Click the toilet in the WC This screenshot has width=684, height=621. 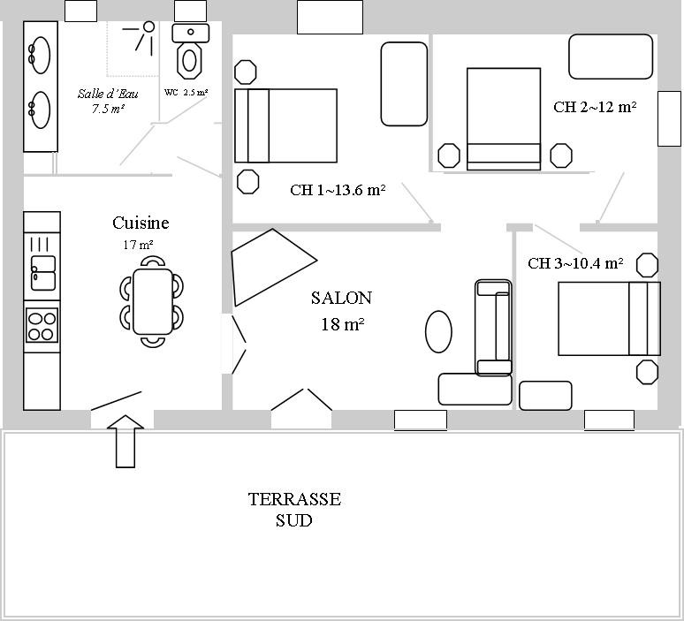click(190, 51)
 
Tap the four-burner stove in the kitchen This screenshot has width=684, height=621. click(42, 325)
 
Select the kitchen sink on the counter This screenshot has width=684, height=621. click(43, 273)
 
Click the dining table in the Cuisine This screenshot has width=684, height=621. click(153, 301)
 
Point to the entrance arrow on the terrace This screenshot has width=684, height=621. click(125, 442)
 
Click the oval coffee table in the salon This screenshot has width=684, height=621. click(438, 331)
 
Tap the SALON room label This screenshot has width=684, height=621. click(342, 299)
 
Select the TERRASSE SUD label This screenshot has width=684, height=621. click(294, 510)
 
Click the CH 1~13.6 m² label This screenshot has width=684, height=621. click(338, 190)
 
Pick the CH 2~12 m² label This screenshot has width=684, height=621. click(595, 107)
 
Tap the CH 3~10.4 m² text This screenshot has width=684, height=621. click(575, 263)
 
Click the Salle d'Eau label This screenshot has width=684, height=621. click(108, 94)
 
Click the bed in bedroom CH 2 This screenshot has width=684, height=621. click(504, 119)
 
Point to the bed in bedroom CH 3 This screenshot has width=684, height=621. click(610, 318)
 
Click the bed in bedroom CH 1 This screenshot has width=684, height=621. click(285, 125)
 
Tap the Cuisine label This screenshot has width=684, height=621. click(141, 223)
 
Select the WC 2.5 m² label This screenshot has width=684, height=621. click(186, 93)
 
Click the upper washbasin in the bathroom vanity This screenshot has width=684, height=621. click(40, 56)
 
